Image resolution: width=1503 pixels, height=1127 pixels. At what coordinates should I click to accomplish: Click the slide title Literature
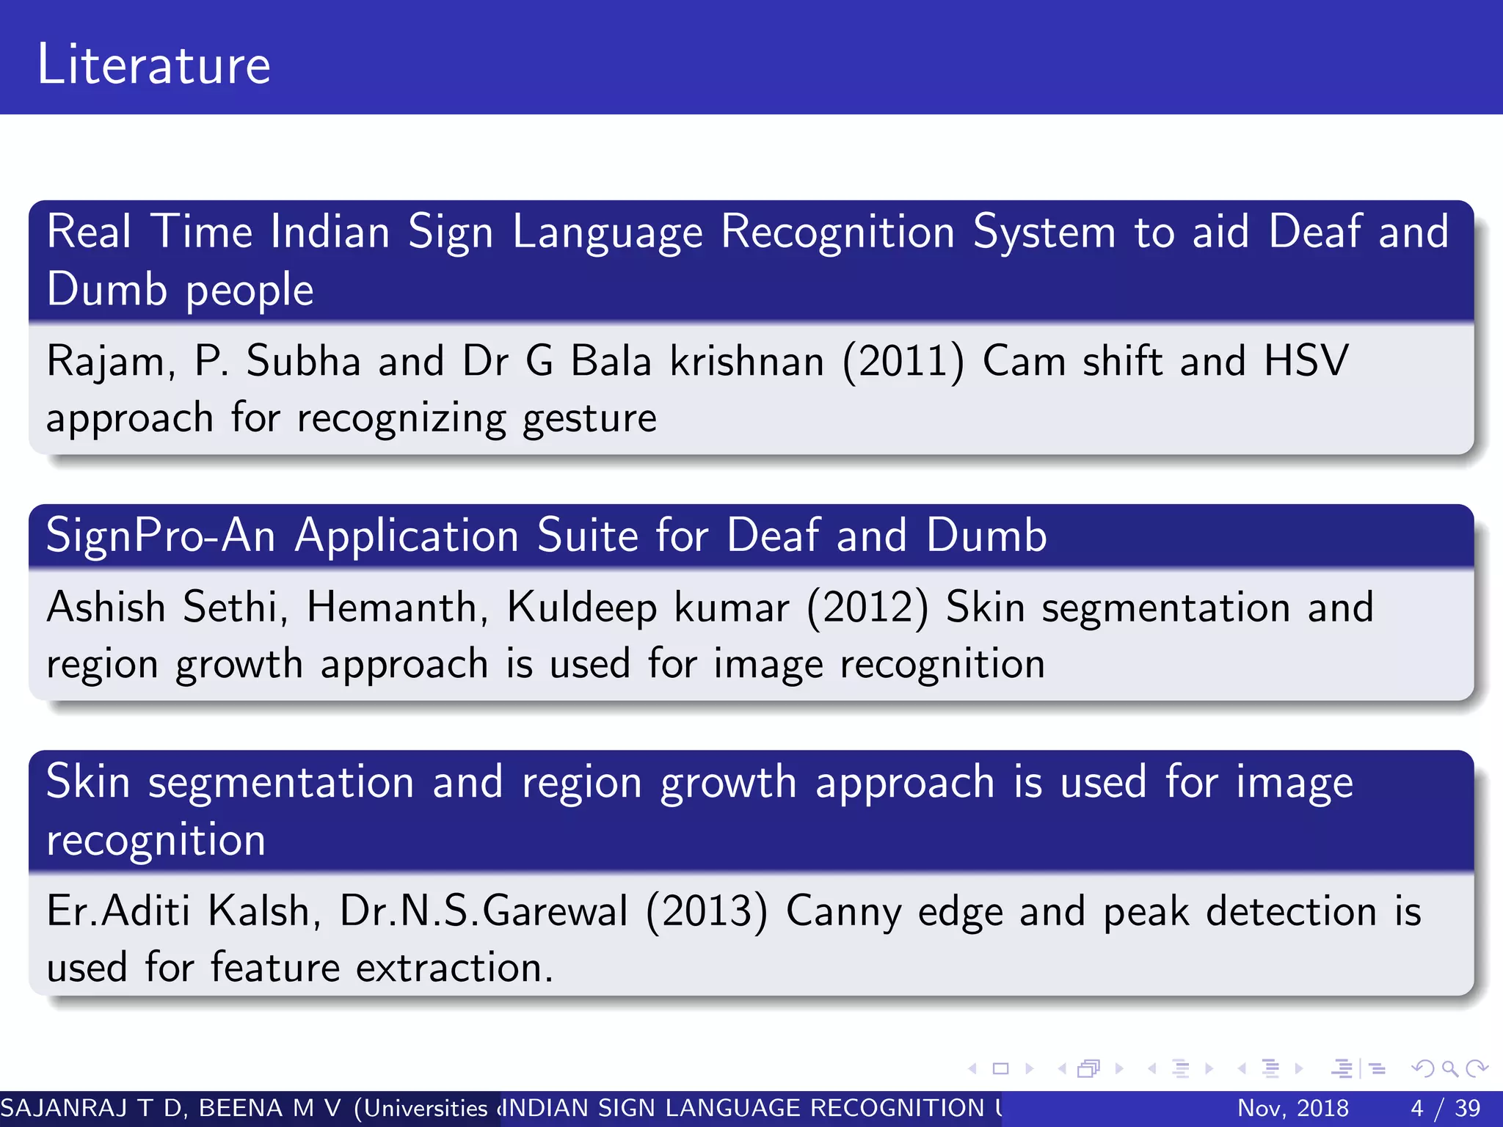pos(154,65)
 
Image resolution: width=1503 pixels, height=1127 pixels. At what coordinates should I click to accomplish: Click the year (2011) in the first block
pos(903,362)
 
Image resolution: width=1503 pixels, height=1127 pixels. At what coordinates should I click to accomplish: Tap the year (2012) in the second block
pos(867,608)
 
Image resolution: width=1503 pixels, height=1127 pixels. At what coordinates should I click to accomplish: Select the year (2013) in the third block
pos(707,911)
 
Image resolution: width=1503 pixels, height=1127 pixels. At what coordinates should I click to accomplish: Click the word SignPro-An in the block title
pos(161,536)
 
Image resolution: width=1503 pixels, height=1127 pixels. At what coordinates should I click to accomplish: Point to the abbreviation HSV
pos(1306,361)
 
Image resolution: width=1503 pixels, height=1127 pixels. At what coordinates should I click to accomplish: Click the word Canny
pos(843,913)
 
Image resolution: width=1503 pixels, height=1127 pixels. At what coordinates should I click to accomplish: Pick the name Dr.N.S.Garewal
pos(484,911)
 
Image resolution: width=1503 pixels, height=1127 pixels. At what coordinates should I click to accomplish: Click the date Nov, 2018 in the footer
pos(1292,1108)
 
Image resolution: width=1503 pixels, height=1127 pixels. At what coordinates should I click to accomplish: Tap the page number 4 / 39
pos(1445,1108)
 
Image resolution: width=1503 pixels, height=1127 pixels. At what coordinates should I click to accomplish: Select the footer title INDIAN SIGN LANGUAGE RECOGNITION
pos(745,1108)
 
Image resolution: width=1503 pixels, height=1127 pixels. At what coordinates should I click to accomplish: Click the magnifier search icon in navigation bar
pos(1449,1069)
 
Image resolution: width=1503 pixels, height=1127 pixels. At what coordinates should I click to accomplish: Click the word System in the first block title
pos(1044,233)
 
